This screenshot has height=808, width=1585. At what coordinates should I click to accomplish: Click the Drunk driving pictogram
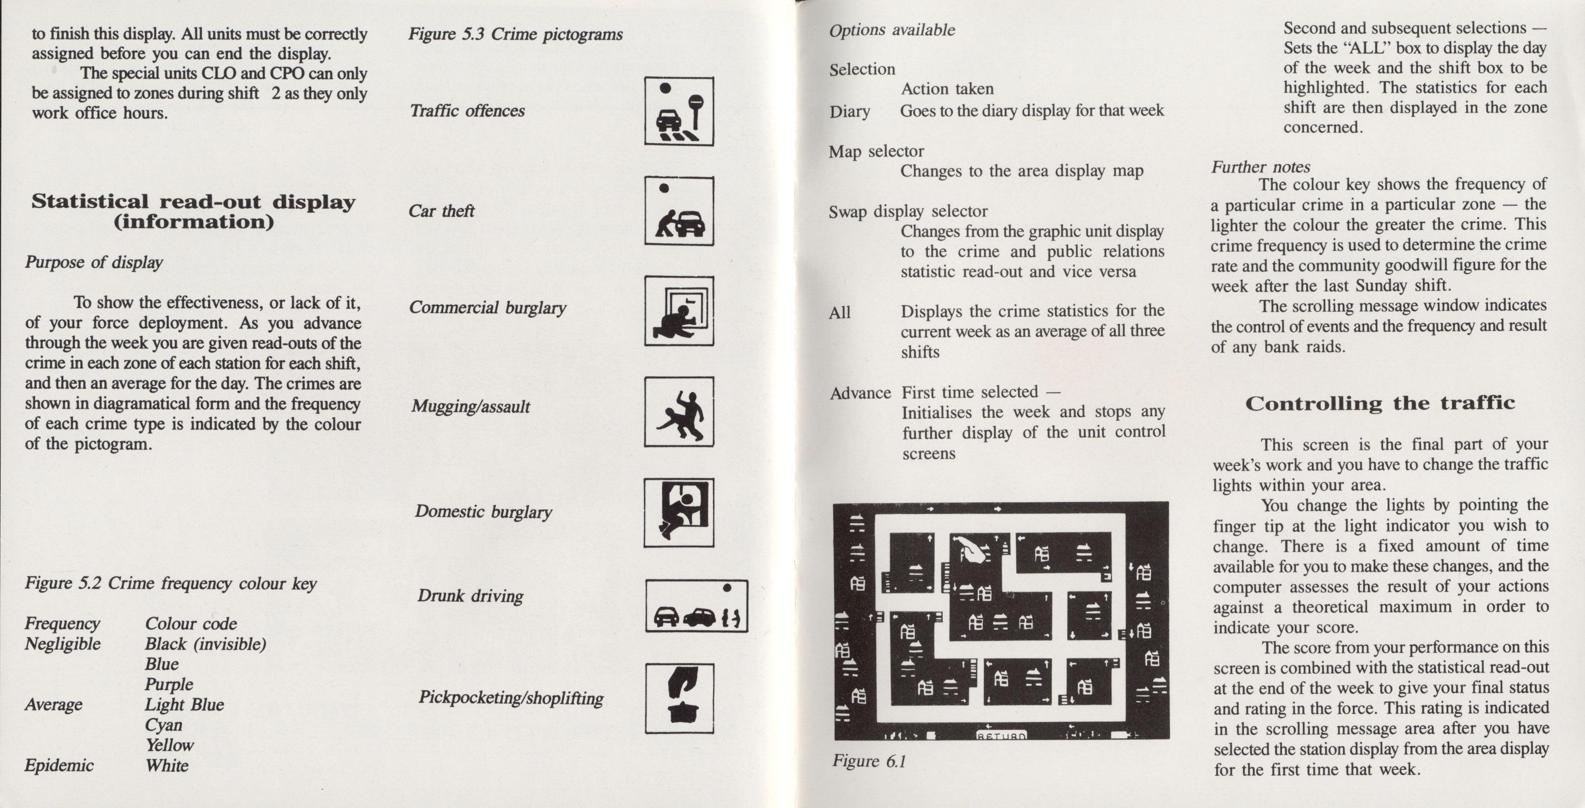tap(696, 606)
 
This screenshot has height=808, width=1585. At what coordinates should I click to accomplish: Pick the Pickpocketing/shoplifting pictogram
tap(679, 698)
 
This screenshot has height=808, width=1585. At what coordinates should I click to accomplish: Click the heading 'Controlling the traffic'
tap(1380, 403)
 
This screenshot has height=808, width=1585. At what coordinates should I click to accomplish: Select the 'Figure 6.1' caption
tap(869, 761)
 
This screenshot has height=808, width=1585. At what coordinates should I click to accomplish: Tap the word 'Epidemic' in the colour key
tap(59, 765)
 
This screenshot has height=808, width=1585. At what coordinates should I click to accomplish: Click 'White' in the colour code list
tap(167, 765)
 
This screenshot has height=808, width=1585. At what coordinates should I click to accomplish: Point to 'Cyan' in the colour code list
tap(164, 725)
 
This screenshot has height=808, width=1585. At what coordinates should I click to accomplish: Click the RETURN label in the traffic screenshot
tap(1001, 735)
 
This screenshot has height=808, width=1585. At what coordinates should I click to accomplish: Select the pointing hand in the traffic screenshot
tap(970, 550)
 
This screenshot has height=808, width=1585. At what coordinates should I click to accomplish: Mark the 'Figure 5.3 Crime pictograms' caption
tap(516, 34)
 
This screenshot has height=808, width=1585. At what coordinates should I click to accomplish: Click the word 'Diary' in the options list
tap(850, 111)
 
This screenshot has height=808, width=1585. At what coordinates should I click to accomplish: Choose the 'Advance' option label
tap(860, 393)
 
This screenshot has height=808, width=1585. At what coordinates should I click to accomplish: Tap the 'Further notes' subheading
tap(1261, 167)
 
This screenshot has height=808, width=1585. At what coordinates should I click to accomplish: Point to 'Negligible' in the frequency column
tap(63, 644)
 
